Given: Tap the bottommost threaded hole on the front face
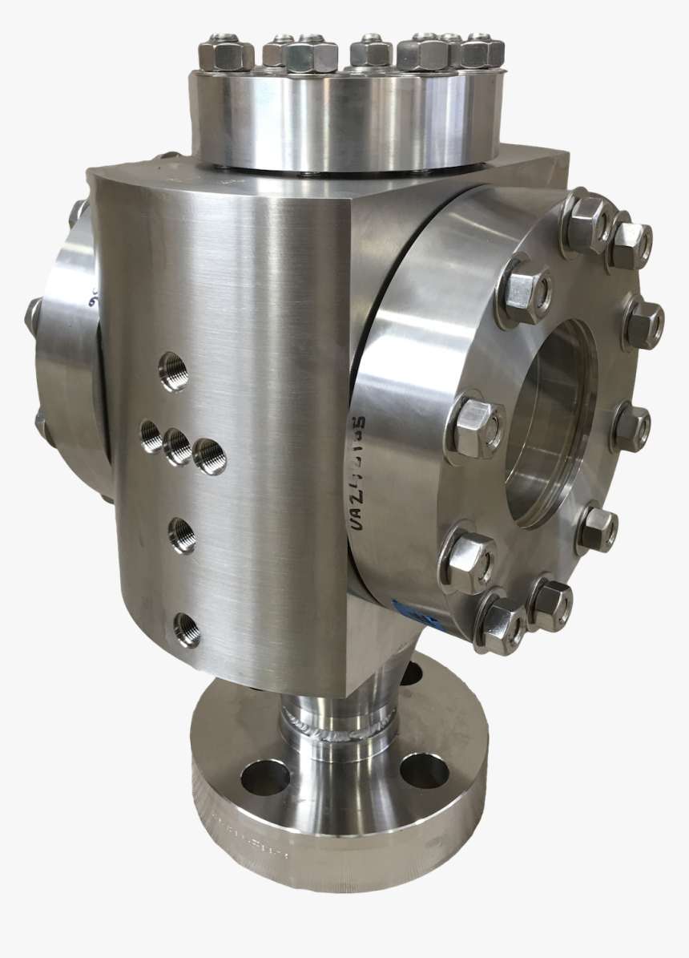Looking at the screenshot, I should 186,629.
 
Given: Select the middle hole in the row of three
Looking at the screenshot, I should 178,447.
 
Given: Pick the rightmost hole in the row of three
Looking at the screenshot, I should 209,456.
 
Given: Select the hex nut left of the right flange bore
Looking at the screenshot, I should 475,427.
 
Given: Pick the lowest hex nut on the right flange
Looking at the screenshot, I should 502,624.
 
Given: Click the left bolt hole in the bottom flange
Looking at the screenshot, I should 265,777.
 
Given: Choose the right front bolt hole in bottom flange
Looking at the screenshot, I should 424,771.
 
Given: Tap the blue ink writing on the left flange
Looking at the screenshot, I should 95,297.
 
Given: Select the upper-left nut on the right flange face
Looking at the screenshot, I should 523,289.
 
